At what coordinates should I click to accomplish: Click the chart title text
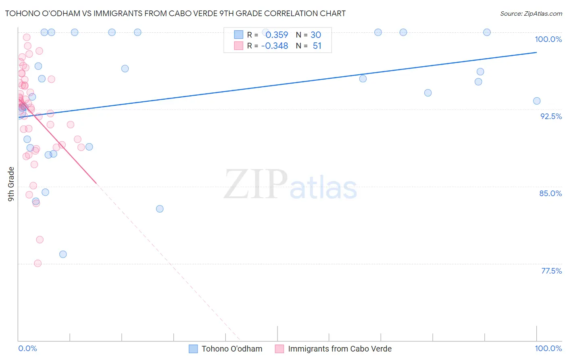coord(175,13)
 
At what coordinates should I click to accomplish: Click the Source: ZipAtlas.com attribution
coord(531,13)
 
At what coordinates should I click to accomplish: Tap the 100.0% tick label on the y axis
coord(548,39)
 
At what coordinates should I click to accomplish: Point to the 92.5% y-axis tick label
coord(551,116)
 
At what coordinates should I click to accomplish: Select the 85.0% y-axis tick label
coord(550,193)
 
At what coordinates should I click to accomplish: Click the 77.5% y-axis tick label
coord(551,271)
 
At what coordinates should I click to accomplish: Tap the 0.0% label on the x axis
coord(27,348)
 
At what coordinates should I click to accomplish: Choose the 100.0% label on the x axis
coord(548,348)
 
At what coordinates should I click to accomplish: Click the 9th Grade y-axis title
coord(11,184)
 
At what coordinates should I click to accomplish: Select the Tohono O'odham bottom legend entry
coord(226,349)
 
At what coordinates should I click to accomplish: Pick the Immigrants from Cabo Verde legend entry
coord(333,349)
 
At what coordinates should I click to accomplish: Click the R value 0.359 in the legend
coord(277,35)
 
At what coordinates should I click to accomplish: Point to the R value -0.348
coord(275,46)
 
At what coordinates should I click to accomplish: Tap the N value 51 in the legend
coord(317,46)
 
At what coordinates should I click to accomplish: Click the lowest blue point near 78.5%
coord(63,254)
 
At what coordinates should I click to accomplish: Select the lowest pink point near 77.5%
coord(38,264)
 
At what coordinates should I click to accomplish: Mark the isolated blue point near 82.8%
coord(160,209)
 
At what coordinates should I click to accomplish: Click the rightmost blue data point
coord(537,101)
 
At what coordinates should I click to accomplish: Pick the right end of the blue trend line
coord(536,52)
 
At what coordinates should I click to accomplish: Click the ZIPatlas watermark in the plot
coord(290,185)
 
